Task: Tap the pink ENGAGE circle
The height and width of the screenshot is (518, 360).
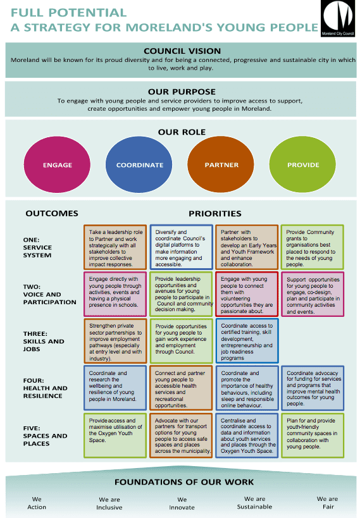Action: (x=57, y=164)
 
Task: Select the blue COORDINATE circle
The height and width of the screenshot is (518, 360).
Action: (x=139, y=164)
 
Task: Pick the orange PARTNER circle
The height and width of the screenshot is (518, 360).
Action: (x=221, y=164)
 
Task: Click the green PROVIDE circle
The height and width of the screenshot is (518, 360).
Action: (x=302, y=164)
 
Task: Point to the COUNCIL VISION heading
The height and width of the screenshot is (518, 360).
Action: (x=182, y=51)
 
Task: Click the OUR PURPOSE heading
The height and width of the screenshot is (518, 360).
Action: (x=182, y=92)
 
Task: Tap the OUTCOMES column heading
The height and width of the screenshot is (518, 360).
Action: (x=52, y=213)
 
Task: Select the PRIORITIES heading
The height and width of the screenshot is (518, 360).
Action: (x=215, y=213)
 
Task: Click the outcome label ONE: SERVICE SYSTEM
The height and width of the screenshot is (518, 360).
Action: (x=37, y=247)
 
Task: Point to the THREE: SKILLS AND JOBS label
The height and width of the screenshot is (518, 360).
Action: (x=44, y=342)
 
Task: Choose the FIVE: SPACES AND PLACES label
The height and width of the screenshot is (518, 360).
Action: (x=46, y=436)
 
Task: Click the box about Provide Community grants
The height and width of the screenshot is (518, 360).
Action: (x=313, y=247)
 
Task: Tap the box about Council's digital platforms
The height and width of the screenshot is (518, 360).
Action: (x=181, y=247)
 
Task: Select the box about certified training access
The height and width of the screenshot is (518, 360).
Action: (x=247, y=341)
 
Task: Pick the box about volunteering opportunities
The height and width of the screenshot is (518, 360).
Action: (x=247, y=294)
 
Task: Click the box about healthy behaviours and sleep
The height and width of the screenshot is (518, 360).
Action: (x=247, y=388)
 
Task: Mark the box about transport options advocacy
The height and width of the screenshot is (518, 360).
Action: (x=181, y=435)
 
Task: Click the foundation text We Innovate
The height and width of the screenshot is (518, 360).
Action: (x=182, y=503)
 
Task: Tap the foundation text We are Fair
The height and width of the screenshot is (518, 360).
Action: (x=328, y=503)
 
